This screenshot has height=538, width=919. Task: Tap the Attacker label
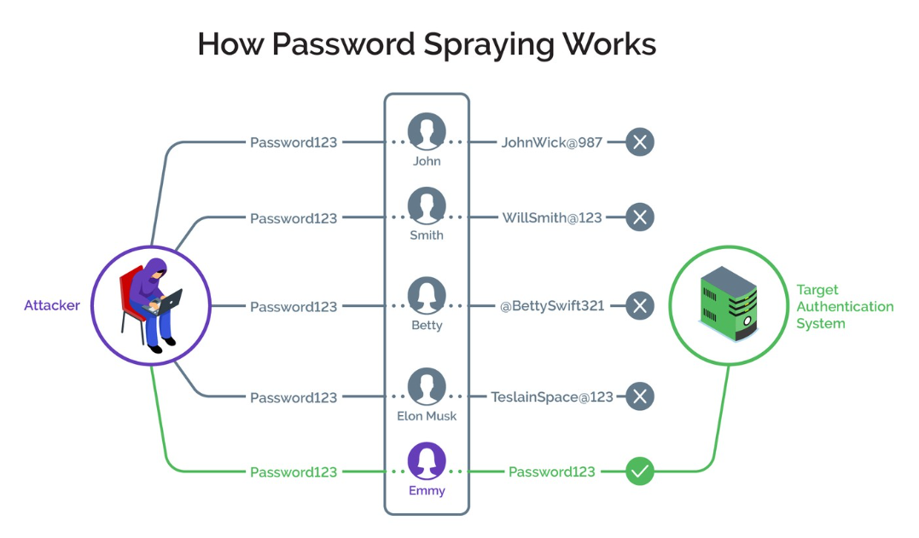click(52, 305)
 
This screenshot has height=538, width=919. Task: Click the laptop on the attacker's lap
click(169, 300)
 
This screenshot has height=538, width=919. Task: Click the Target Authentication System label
click(844, 306)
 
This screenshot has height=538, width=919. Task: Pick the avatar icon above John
click(427, 131)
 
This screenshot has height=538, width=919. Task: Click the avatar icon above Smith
click(427, 207)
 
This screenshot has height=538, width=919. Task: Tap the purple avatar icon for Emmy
click(427, 461)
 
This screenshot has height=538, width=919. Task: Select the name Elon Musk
click(427, 416)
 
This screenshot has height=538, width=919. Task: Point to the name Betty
click(427, 325)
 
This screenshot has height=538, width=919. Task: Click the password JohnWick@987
click(551, 142)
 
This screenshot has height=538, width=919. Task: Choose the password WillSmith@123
click(551, 218)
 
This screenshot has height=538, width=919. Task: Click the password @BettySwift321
click(551, 305)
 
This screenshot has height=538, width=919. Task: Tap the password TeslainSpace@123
click(551, 396)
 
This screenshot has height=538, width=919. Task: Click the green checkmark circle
click(640, 471)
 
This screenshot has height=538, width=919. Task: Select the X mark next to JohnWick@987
click(640, 142)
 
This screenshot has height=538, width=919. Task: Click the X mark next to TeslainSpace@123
click(640, 396)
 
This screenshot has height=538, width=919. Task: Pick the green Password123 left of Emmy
click(294, 471)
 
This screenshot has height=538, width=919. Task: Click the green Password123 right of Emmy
click(551, 471)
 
